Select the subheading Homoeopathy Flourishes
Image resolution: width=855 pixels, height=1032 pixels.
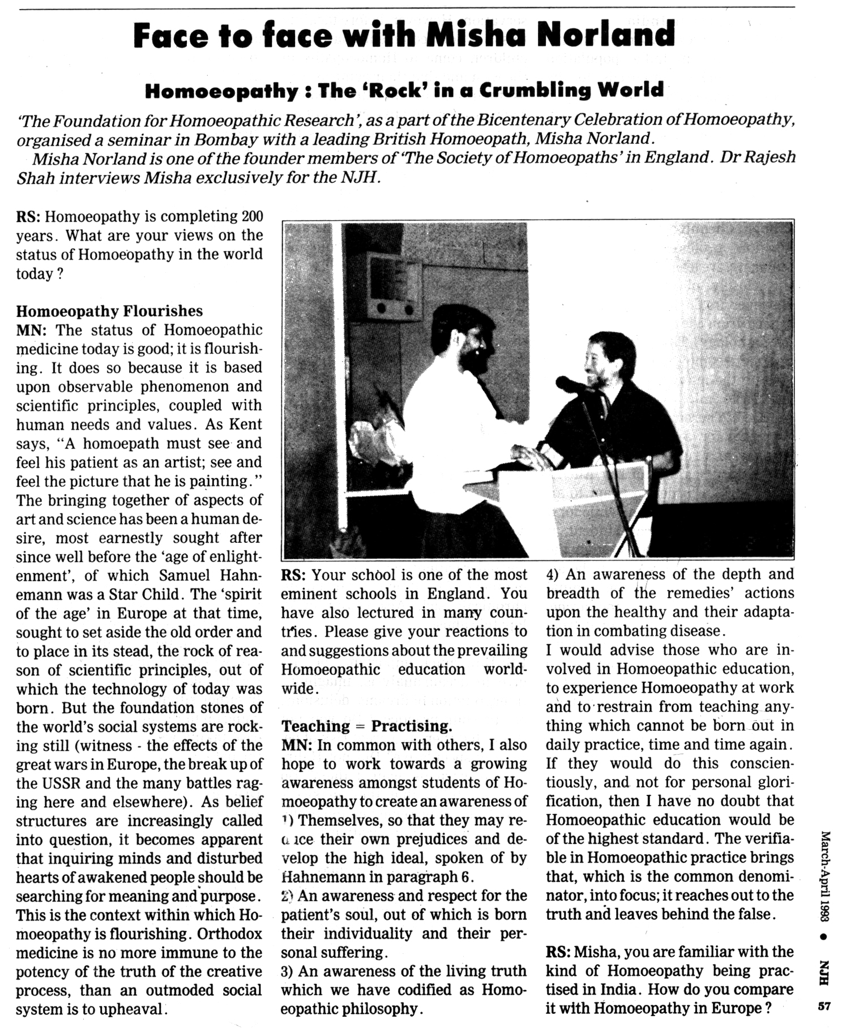coord(109,311)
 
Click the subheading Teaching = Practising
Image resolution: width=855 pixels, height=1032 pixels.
coord(367,726)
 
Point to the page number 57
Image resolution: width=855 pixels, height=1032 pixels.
coord(824,1007)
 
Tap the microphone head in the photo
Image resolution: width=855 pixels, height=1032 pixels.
coord(567,384)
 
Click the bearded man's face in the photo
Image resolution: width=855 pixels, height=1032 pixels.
coord(474,345)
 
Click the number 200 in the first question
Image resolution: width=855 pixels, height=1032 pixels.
coord(252,216)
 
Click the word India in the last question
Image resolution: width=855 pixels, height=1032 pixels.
coord(623,990)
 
